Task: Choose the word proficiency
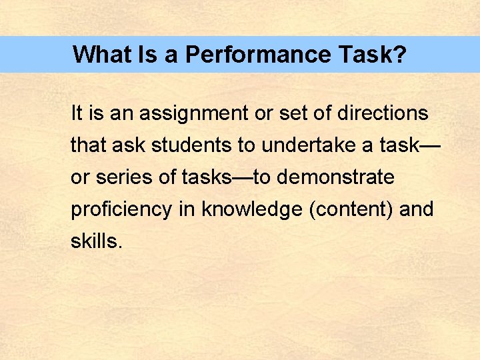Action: point(121,209)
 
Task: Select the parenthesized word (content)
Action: point(351,209)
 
